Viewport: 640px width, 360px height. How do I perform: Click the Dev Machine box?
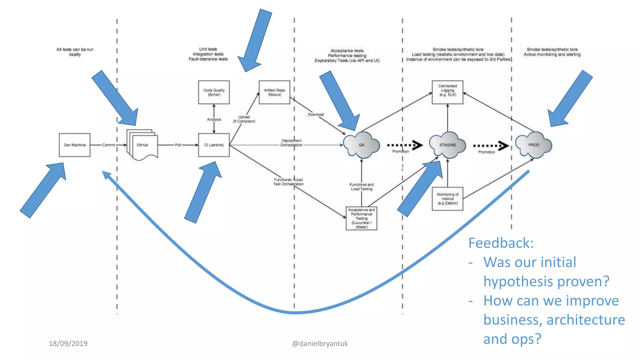74,145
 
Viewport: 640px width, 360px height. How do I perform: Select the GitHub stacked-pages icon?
142,145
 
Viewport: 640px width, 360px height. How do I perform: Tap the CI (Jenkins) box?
214,145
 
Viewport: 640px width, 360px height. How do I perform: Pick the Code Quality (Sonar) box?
214,92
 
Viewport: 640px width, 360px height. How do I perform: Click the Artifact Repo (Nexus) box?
274,92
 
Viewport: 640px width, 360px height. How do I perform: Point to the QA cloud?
362,145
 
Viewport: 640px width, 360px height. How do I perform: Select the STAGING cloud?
447,145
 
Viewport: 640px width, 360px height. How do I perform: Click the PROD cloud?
534,145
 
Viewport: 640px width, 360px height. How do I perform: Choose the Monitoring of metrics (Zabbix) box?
447,199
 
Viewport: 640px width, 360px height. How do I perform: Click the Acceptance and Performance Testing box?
362,218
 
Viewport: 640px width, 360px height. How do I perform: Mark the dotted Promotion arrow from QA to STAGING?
405,145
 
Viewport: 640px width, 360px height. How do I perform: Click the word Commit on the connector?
108,145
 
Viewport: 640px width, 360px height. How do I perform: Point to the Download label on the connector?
316,115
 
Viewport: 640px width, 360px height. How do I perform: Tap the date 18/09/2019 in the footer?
68,344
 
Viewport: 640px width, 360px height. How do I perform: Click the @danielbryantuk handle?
320,344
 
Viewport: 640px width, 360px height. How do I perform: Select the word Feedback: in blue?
501,243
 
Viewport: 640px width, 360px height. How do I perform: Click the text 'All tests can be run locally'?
75,52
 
